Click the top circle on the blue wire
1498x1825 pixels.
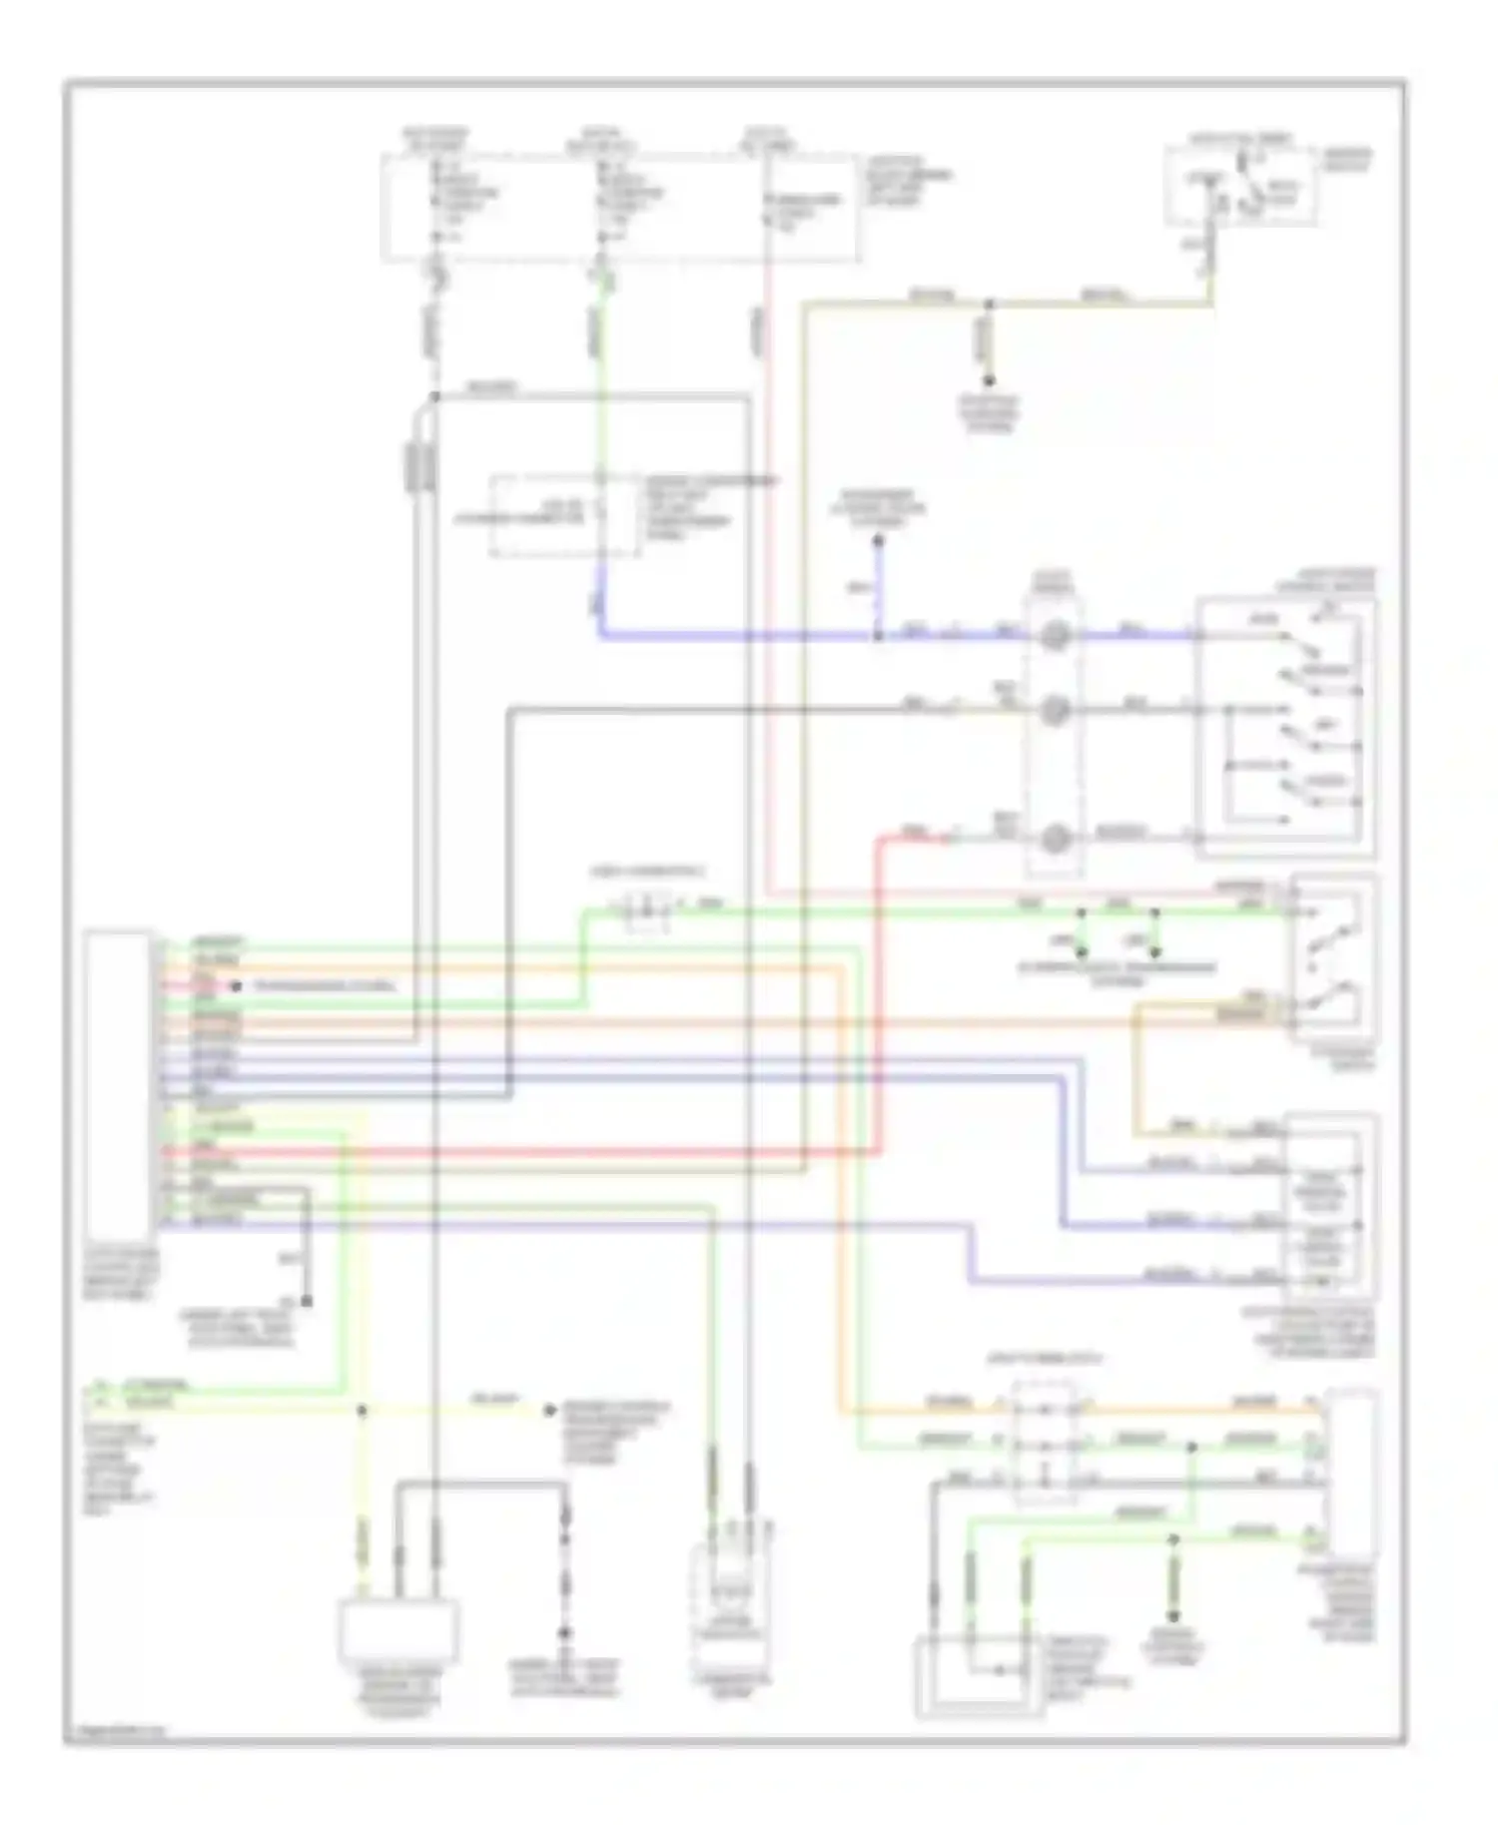(x=1055, y=634)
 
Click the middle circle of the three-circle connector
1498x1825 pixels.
(x=1055, y=711)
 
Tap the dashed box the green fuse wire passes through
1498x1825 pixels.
(x=565, y=516)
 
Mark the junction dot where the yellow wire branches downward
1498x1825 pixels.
(x=363, y=1411)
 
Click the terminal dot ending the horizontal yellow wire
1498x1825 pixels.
(x=548, y=1411)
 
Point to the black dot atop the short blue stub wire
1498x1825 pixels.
(x=879, y=541)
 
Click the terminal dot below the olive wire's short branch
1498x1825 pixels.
(x=989, y=380)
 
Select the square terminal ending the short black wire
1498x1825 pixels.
(x=307, y=1302)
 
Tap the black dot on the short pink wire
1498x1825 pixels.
(x=237, y=986)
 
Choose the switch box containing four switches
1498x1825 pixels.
(x=1286, y=729)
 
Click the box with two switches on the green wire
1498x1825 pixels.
(x=1334, y=958)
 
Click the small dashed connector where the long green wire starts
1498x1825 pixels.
(x=645, y=910)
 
